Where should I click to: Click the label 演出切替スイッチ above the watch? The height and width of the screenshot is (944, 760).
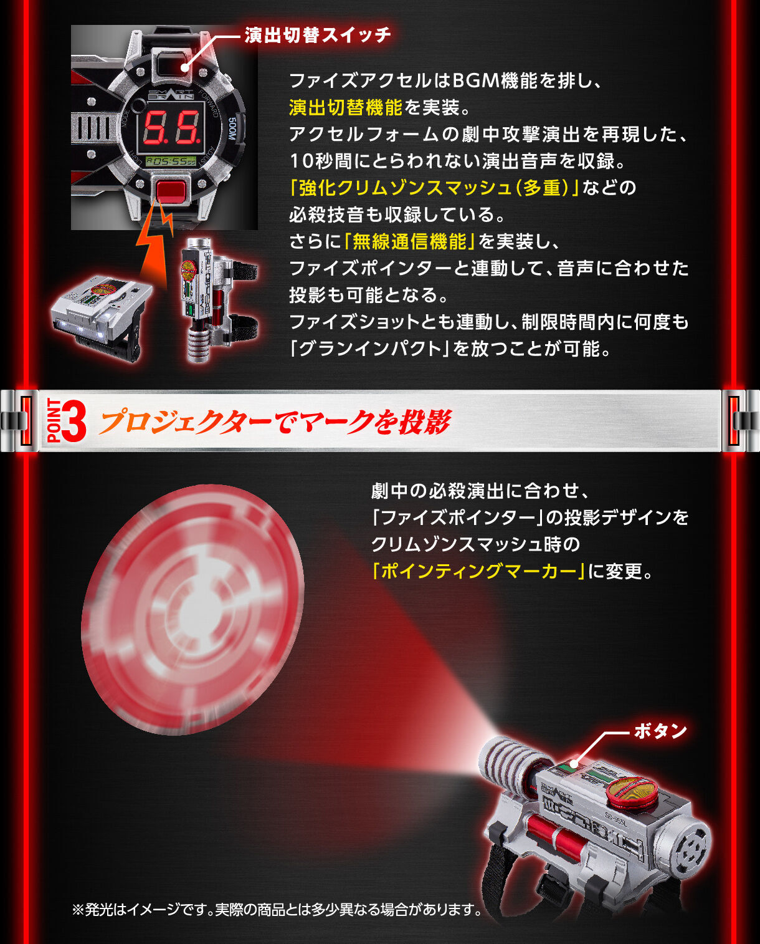point(318,35)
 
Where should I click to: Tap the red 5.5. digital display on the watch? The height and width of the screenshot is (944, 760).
point(172,128)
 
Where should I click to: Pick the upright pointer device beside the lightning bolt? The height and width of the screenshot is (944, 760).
point(209,296)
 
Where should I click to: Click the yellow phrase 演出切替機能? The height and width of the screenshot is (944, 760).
point(346,107)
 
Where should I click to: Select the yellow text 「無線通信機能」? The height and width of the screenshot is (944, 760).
point(410,241)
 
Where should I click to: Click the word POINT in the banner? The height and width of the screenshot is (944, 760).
point(54,421)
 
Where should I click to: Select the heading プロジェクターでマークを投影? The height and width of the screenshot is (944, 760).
point(274,422)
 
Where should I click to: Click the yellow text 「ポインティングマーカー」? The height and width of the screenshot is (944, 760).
point(478,571)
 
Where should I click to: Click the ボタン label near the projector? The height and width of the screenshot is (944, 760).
point(660,731)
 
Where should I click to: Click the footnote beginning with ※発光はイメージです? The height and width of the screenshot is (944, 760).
point(277,910)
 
